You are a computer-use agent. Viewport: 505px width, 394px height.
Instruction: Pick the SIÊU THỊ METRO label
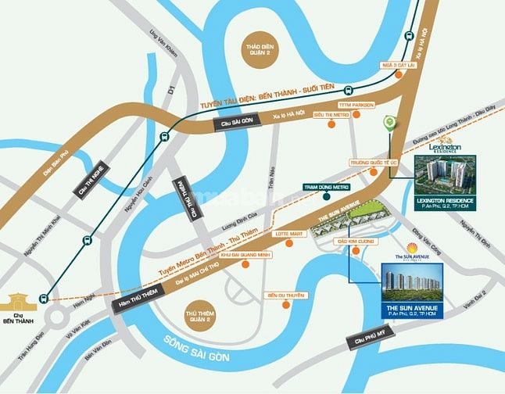point(330,114)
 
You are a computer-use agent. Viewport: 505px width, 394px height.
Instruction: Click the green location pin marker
point(389,124)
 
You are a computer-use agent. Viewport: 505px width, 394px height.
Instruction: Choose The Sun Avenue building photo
point(411,282)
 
